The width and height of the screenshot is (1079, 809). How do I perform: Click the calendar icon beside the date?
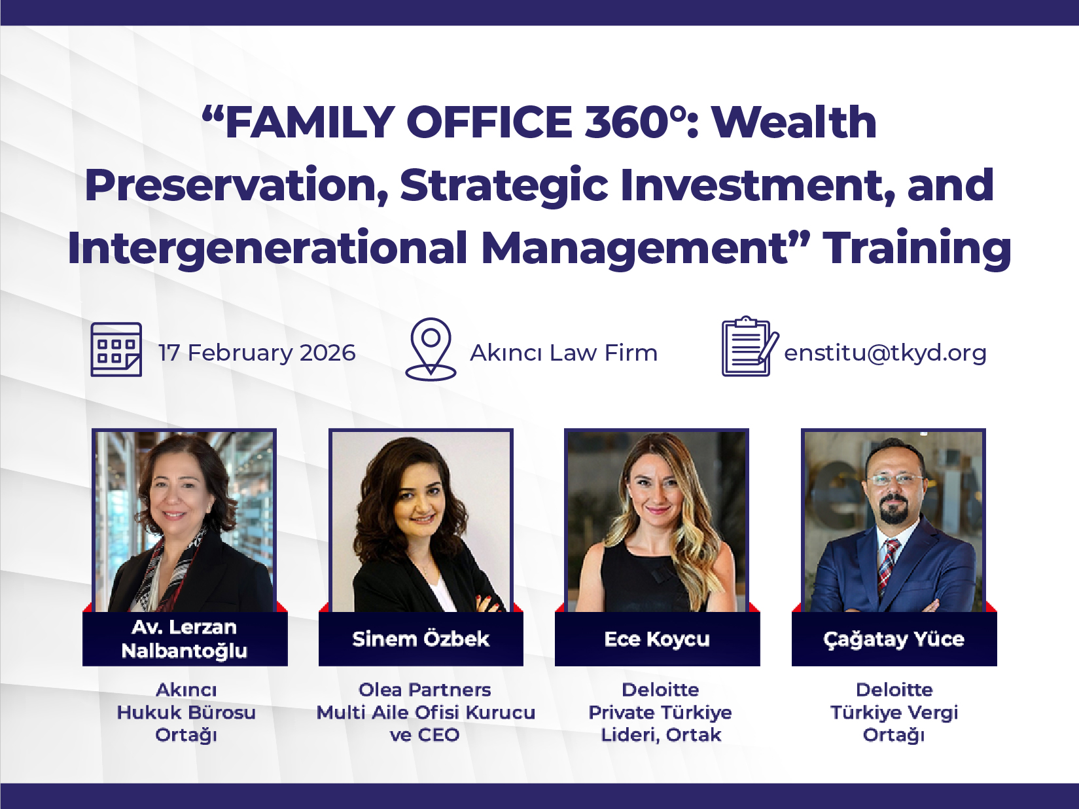[x=116, y=350]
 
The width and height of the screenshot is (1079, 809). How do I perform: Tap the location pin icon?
[x=431, y=348]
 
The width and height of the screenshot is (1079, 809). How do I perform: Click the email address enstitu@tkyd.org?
[x=885, y=353]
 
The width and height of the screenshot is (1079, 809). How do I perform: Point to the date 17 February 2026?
[x=257, y=353]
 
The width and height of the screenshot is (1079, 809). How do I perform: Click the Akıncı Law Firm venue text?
[x=564, y=353]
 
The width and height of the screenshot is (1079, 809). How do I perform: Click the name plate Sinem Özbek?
[x=421, y=639]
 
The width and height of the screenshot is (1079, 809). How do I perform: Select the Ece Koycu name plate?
[x=657, y=639]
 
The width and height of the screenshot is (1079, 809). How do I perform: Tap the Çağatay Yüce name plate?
[x=894, y=639]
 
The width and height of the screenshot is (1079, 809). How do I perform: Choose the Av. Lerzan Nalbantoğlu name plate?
[x=185, y=639]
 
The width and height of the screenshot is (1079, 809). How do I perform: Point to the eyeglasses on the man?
[x=894, y=479]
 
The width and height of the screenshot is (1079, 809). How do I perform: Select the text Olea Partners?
[x=425, y=690]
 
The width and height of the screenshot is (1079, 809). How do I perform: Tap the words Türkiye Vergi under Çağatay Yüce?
[x=894, y=712]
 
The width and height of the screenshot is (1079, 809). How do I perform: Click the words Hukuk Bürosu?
[x=186, y=712]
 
